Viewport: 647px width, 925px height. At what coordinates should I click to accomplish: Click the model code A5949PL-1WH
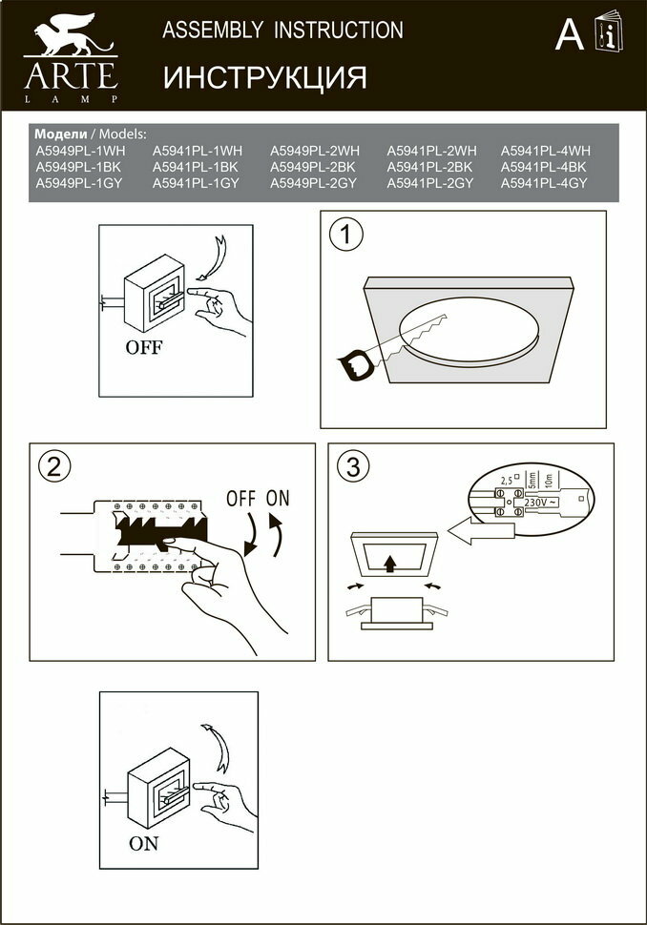80,151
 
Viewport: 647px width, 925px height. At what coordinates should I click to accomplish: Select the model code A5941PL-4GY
546,183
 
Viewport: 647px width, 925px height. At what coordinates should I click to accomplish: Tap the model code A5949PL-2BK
314,167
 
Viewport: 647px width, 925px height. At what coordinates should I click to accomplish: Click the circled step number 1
345,234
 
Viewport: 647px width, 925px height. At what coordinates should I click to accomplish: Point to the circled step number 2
53,465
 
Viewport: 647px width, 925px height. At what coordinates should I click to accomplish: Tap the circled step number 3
353,466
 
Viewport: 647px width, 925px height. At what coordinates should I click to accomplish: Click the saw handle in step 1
354,363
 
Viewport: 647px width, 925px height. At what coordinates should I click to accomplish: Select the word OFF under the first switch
144,347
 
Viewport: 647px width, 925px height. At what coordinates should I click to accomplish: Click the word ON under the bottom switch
144,843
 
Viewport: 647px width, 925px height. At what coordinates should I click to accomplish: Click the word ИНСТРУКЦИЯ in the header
264,77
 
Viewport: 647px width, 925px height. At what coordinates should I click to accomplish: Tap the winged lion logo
70,35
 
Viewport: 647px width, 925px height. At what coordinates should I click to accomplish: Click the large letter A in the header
570,35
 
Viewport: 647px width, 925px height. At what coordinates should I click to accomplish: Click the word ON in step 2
278,498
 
